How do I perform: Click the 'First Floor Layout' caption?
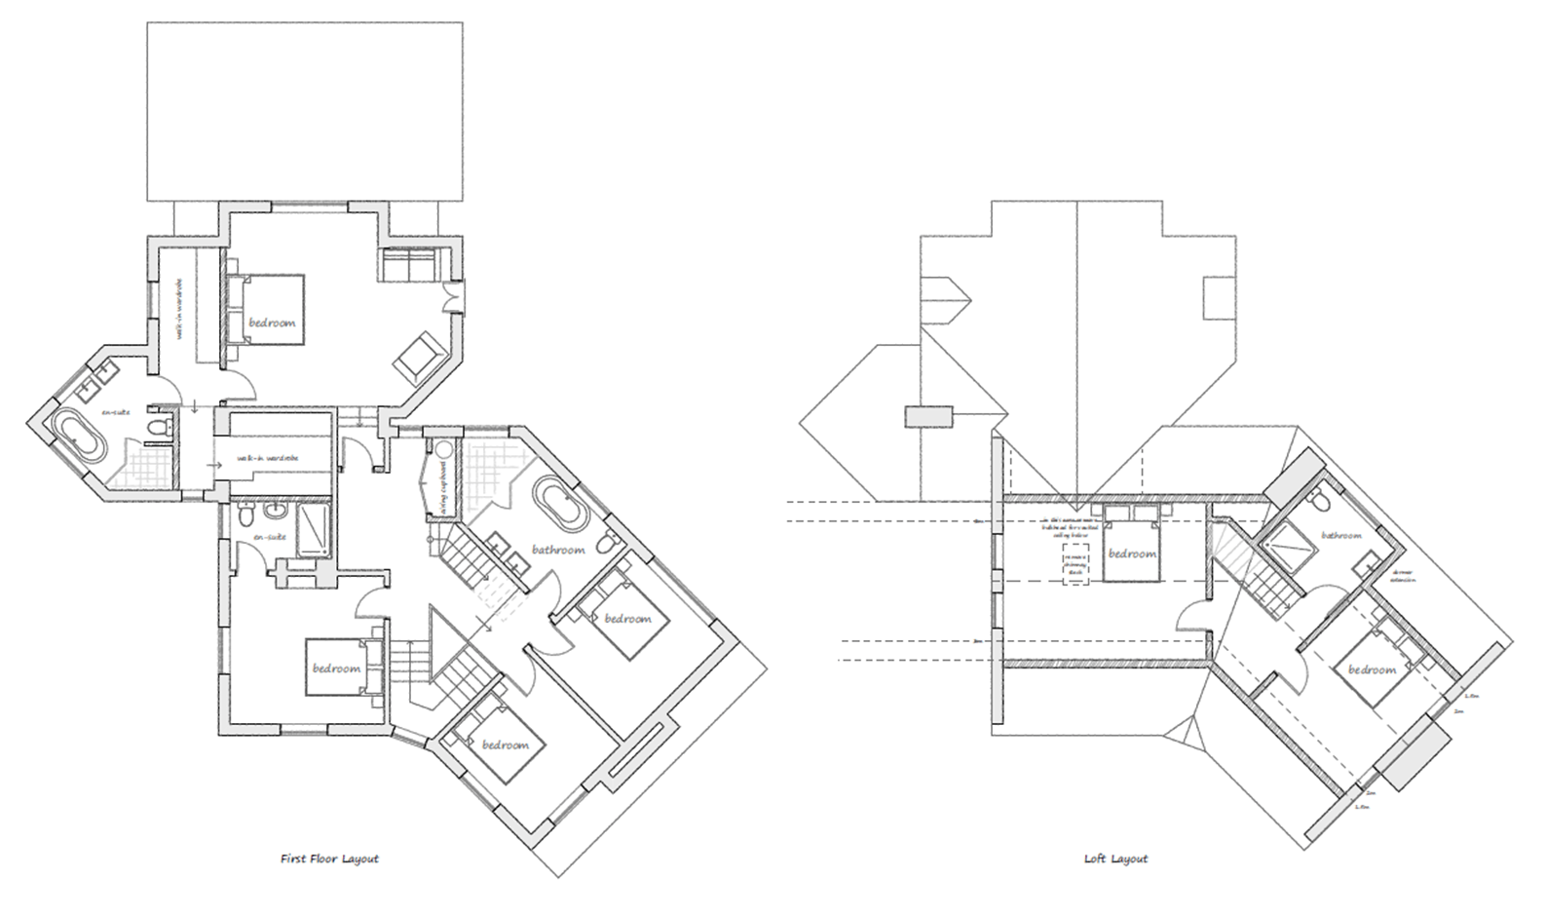pyautogui.click(x=328, y=859)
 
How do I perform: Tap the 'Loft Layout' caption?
pyautogui.click(x=1115, y=859)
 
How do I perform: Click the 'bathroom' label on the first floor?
pyautogui.click(x=557, y=550)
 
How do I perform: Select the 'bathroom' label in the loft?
pyautogui.click(x=1340, y=535)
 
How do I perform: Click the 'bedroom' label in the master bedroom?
pyautogui.click(x=271, y=323)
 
